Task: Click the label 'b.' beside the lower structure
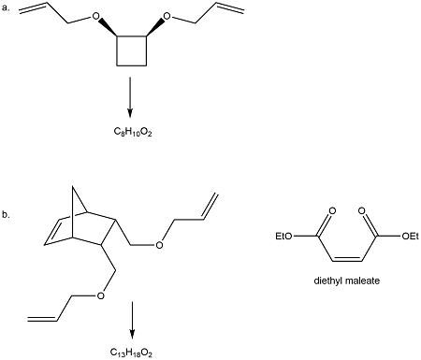point(7,215)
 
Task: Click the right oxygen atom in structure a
point(167,17)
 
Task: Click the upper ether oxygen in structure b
point(157,247)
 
